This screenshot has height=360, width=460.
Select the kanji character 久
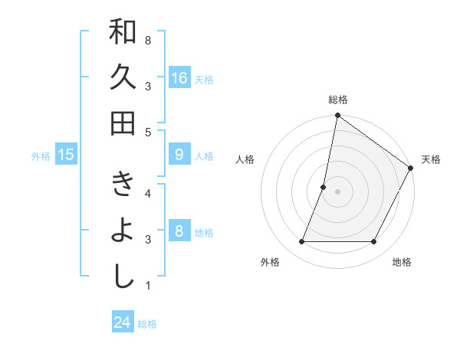point(123,77)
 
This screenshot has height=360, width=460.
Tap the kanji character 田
point(123,122)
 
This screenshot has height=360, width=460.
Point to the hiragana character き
point(123,187)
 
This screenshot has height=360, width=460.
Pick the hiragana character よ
point(123,231)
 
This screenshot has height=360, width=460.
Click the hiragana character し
point(123,275)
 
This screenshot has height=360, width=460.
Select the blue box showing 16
point(179,78)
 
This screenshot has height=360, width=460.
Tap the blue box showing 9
point(179,155)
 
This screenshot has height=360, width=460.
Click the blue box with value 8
point(179,231)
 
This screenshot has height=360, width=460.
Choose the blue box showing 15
point(66,155)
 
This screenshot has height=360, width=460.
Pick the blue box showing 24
point(123,322)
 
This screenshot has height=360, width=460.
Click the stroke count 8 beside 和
point(147,40)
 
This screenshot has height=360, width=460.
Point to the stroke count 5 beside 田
point(147,132)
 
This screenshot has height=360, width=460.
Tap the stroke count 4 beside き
point(147,192)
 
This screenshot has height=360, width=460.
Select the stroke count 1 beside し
point(147,286)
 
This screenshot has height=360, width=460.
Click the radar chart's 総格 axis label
point(338,100)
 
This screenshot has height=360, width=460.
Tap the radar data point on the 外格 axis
point(302,242)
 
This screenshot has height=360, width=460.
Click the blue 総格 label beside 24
point(147,324)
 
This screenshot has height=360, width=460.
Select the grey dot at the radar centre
point(337,191)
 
